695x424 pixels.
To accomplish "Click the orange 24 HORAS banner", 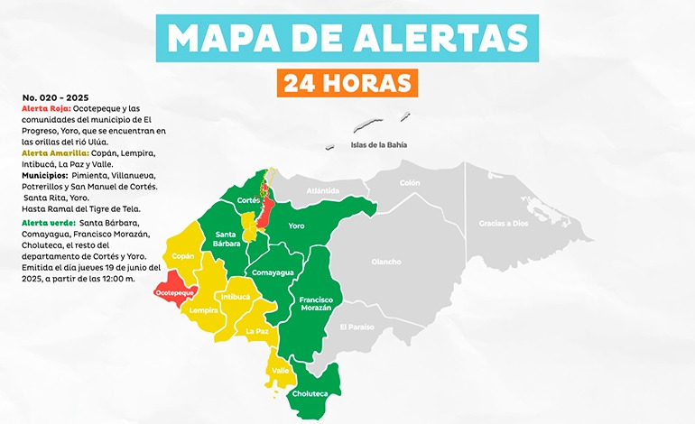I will point(347,83).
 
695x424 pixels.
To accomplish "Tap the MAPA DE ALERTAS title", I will point(347,37).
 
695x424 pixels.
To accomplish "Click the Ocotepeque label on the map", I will point(175,293).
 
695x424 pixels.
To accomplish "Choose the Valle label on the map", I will point(281,370).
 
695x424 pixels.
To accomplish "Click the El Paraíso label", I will point(357,327).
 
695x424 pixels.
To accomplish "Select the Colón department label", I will point(410,183).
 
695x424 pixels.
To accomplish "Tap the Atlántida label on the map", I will point(322,190).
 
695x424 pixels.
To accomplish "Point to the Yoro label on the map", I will point(296,226).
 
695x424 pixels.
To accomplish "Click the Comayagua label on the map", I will point(272,272).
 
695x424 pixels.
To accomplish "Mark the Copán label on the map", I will point(183,256).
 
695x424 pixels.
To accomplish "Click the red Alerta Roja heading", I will point(46,107).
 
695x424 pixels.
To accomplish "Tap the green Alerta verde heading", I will point(48,222).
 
